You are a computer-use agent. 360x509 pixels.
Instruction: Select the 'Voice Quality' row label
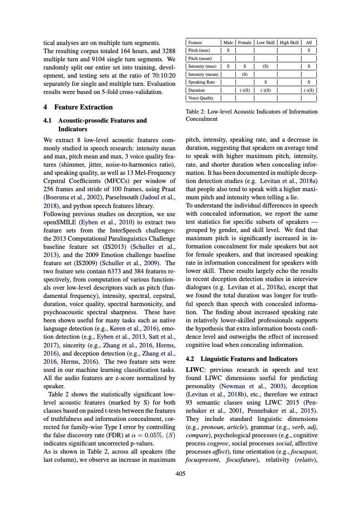point(201,98)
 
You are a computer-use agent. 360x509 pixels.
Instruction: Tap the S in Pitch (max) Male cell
point(228,50)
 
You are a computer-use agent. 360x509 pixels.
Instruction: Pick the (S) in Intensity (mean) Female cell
point(245,74)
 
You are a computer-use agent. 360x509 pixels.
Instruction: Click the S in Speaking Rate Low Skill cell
point(266,82)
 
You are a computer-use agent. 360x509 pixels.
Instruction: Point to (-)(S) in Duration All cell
point(309,90)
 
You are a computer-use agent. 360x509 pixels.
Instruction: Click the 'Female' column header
point(245,42)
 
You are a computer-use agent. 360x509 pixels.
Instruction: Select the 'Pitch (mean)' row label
point(199,58)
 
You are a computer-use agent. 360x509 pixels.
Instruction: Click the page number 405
point(180,474)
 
